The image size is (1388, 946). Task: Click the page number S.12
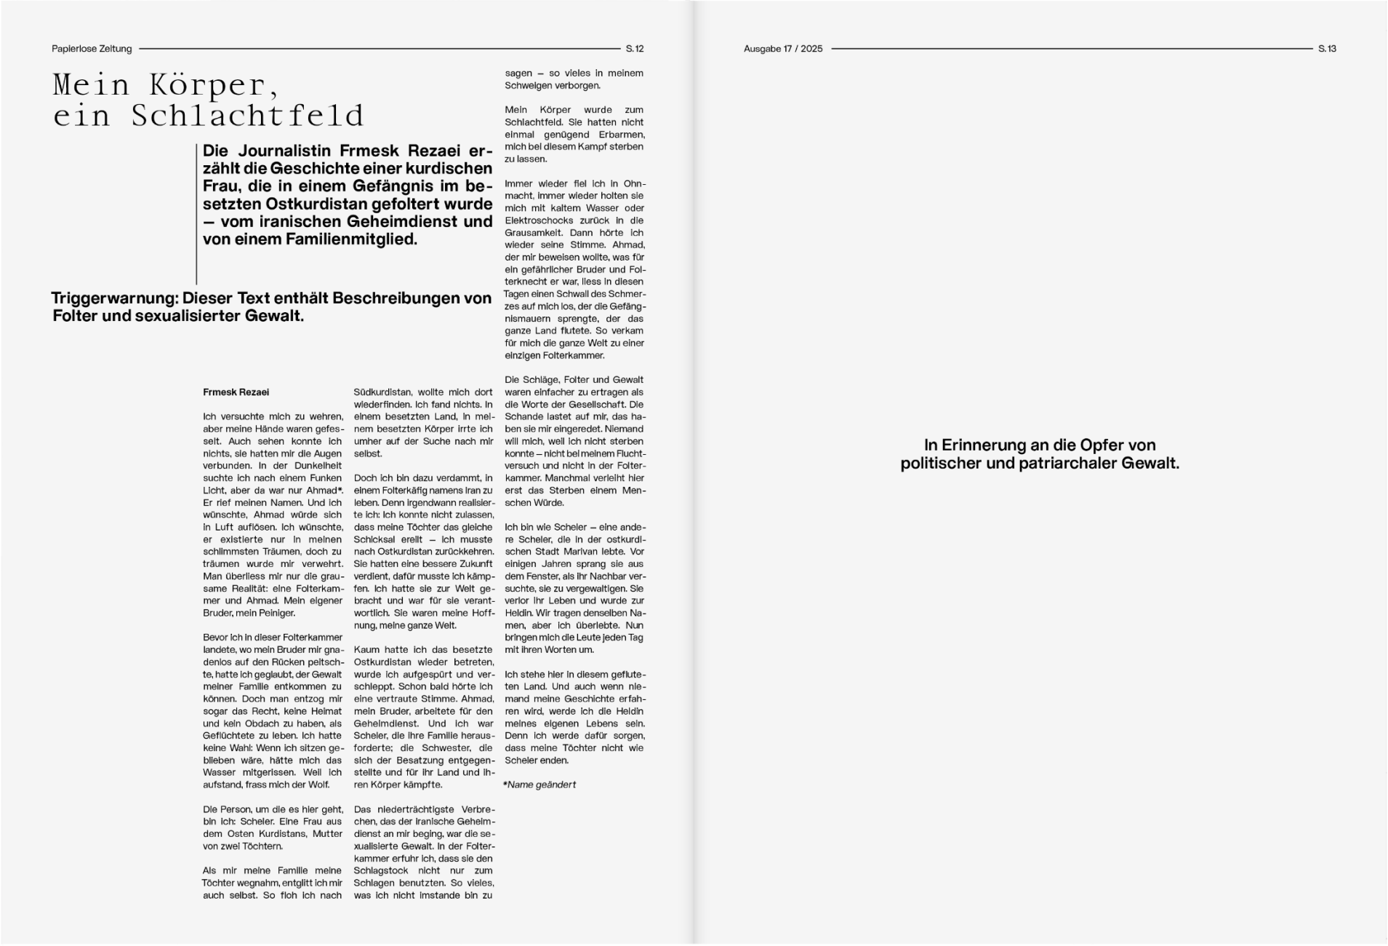click(634, 49)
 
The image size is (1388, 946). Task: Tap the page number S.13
click(1327, 49)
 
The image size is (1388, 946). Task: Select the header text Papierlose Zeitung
click(92, 49)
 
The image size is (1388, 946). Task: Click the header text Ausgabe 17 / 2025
click(783, 49)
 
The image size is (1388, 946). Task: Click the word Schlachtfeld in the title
click(247, 116)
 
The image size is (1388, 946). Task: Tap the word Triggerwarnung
click(114, 298)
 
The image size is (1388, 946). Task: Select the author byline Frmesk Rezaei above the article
click(236, 392)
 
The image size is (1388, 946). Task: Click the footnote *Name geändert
click(539, 784)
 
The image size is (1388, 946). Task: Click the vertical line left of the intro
click(196, 214)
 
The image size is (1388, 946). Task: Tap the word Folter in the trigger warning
click(75, 317)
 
